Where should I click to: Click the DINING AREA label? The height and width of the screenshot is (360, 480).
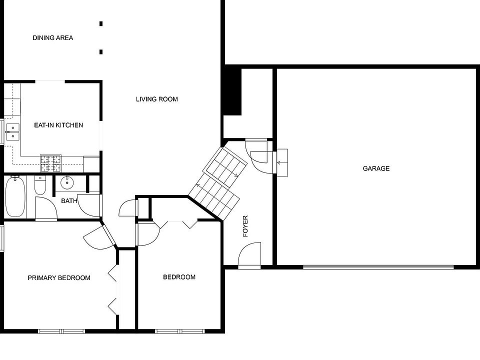pos(53,38)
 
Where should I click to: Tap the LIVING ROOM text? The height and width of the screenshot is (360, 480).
pos(156,99)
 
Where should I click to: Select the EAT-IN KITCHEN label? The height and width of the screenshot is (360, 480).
pos(58,125)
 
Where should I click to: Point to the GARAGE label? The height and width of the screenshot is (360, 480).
pos(376,168)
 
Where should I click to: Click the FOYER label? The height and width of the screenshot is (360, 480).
pos(245,226)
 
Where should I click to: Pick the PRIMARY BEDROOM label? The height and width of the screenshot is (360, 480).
pos(59,278)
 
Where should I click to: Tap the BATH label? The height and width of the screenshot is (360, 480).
pos(69,201)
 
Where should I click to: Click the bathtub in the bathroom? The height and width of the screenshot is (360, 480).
pos(15,196)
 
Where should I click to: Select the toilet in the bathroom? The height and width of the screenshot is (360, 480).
pos(40,185)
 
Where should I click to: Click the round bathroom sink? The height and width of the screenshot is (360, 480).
pos(67,183)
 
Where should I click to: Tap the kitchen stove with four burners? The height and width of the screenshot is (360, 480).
pos(51,163)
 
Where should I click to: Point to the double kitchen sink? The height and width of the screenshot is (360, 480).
pos(13,132)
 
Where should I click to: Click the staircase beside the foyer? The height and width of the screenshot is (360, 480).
pos(218,183)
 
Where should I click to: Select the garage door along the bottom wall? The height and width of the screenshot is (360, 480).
pos(378,267)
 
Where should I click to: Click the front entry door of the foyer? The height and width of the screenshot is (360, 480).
pos(250,256)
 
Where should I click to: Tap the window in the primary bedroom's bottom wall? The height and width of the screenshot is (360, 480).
pos(61,331)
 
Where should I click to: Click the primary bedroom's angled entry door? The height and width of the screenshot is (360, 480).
pos(108,235)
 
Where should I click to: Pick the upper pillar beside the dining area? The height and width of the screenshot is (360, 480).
pos(101,23)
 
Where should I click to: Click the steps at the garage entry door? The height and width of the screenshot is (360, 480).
pos(282,163)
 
